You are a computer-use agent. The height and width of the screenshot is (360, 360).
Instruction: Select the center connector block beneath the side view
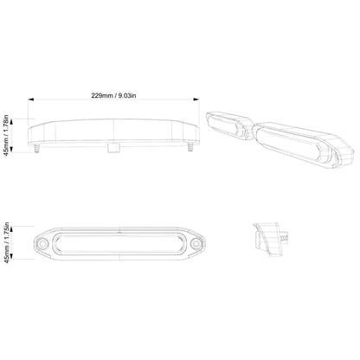[111, 149]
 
